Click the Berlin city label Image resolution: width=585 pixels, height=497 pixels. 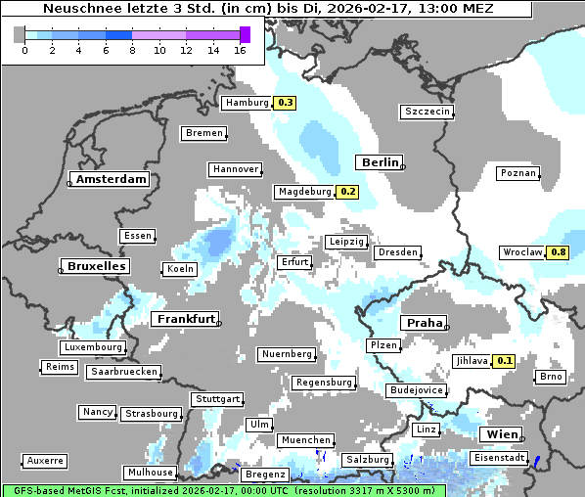point(380,162)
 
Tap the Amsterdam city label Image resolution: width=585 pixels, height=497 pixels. point(111,179)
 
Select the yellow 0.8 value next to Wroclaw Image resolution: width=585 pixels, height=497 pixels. point(559,252)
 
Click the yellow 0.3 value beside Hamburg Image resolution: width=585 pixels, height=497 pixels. point(285,103)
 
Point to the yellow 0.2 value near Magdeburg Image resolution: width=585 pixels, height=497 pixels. point(347,192)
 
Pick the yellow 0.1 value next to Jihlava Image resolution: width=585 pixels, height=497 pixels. point(504,361)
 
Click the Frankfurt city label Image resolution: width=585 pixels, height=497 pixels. point(185,319)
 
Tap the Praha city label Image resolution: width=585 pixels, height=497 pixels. point(425,323)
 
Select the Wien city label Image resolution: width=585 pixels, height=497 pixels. point(499,434)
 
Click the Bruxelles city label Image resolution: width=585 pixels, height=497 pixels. point(95,266)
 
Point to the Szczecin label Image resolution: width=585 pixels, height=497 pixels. point(427,112)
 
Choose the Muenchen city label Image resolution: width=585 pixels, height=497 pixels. point(305,441)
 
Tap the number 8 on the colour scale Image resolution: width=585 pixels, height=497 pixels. point(133,50)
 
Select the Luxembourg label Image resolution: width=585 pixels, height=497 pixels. point(93,347)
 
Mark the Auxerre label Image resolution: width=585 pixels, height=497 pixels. point(45,461)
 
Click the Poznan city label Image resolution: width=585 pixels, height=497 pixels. point(518,173)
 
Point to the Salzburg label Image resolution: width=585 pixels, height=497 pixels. point(368,460)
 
